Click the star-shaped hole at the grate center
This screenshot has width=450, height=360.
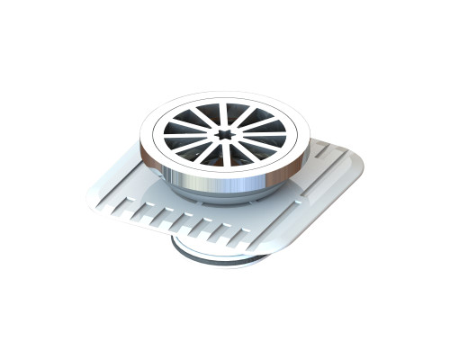click(224, 135)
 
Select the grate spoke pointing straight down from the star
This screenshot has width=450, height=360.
click(224, 155)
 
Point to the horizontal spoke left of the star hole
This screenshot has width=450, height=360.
click(193, 136)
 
